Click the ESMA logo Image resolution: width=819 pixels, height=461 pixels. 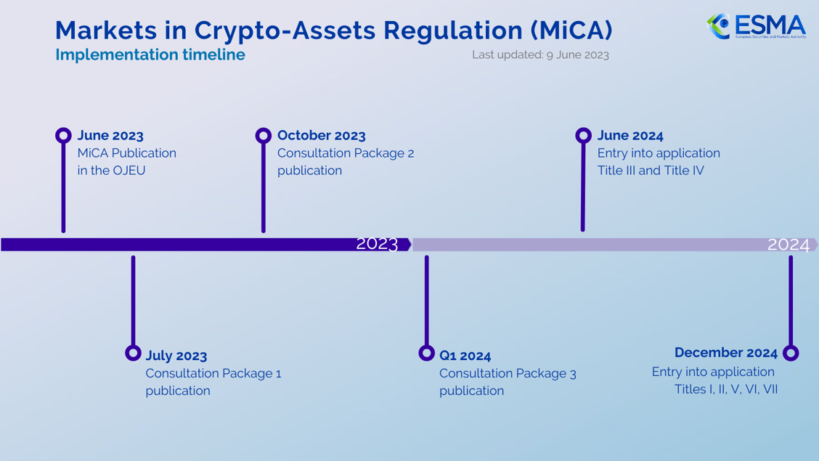[x=756, y=26]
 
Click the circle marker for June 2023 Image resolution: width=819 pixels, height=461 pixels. [x=64, y=135]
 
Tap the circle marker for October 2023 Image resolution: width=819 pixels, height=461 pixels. [x=264, y=135]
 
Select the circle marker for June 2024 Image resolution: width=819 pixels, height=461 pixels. [x=583, y=135]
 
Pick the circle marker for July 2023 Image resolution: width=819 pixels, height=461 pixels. [x=133, y=353]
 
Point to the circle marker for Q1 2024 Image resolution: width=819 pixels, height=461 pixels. [x=427, y=353]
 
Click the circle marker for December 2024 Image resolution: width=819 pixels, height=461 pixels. [x=791, y=353]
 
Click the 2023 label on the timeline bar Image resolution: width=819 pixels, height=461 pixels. [x=377, y=244]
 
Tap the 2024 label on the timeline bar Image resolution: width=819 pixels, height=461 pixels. [x=788, y=245]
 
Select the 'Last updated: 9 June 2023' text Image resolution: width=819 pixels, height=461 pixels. [x=540, y=54]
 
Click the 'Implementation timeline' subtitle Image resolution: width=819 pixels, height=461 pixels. [x=150, y=54]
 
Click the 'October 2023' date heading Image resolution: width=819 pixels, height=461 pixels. [x=321, y=136]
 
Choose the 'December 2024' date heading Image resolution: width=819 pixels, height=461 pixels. [x=725, y=352]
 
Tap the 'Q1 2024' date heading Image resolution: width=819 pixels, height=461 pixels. [x=465, y=356]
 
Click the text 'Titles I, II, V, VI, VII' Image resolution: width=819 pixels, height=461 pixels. [x=725, y=389]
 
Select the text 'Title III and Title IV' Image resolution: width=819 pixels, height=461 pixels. [x=651, y=171]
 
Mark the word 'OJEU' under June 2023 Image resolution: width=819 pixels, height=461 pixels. [x=129, y=171]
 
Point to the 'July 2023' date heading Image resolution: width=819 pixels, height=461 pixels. [x=176, y=356]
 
